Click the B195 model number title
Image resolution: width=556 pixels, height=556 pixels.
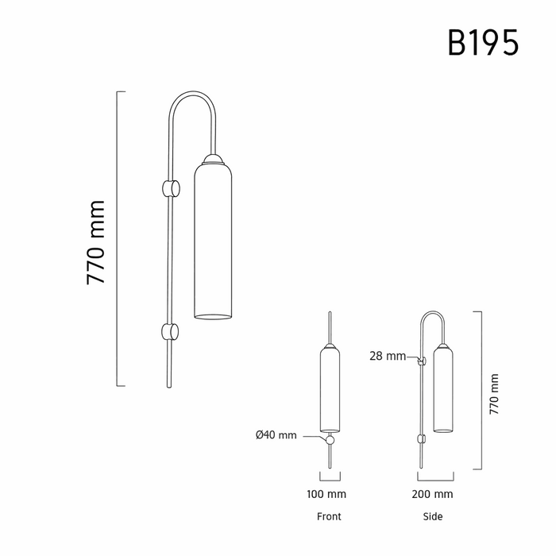click(x=483, y=43)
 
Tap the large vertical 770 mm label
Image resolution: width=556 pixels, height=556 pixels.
click(x=96, y=242)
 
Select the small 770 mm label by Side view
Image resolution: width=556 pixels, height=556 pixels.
click(x=494, y=394)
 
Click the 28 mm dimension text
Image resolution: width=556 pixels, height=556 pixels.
click(x=388, y=356)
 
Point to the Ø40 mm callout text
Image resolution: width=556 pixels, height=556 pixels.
click(x=276, y=434)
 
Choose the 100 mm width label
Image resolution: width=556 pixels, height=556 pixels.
click(x=326, y=494)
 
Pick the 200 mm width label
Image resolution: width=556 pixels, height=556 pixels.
click(x=432, y=494)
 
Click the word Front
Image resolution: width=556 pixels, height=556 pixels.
click(x=329, y=516)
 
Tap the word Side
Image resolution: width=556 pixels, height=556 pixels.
click(x=433, y=516)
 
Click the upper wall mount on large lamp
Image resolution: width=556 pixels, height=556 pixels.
click(x=171, y=188)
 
